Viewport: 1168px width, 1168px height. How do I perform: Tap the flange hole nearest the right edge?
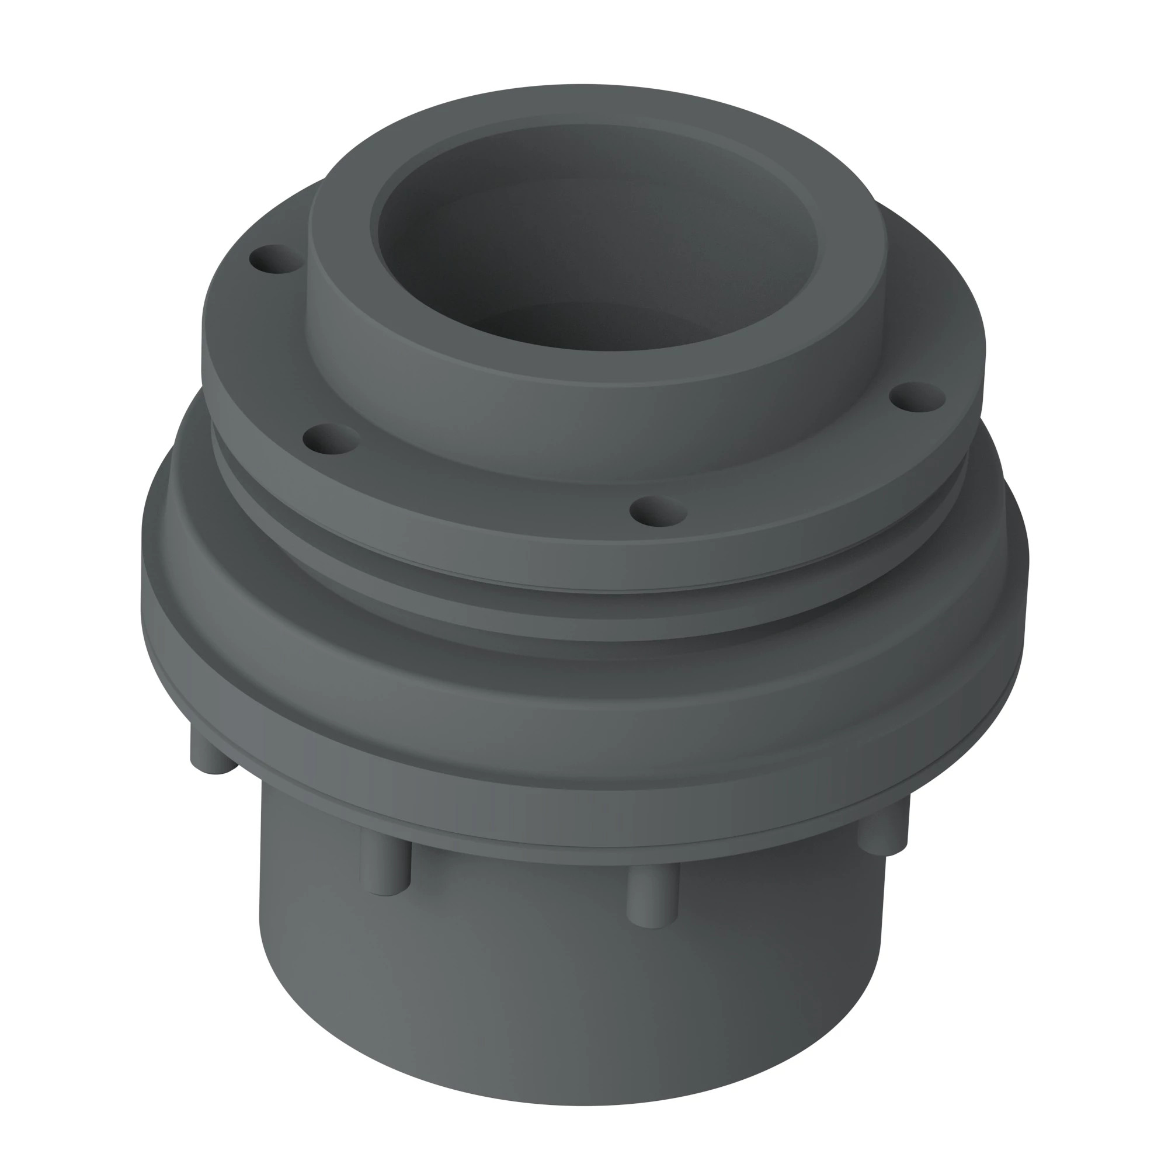pyautogui.click(x=917, y=397)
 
